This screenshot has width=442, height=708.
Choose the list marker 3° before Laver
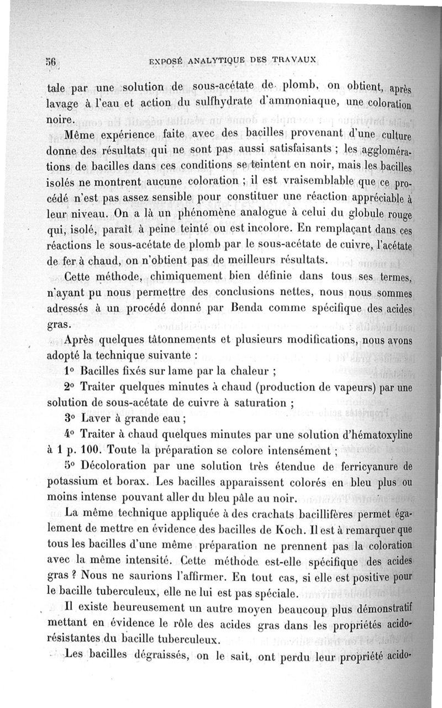pos(70,417)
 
